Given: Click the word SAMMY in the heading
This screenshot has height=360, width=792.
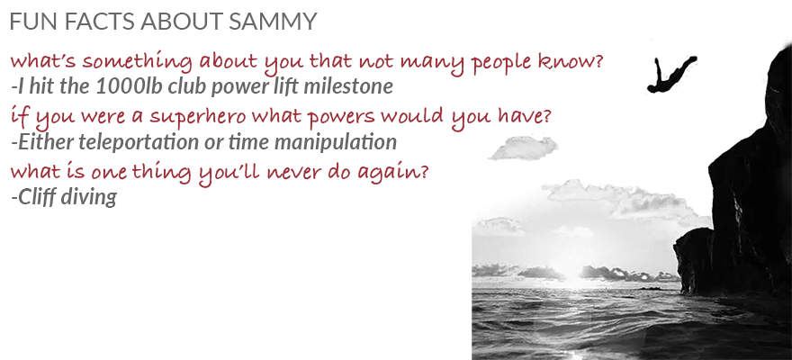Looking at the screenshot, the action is coord(273,22).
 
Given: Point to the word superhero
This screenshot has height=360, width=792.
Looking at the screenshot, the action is coord(198,117).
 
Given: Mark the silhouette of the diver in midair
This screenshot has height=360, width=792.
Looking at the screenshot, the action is coord(670,75).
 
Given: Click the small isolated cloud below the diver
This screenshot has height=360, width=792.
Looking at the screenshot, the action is coord(525,148).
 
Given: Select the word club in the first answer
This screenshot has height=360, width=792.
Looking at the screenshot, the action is coord(184,86).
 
